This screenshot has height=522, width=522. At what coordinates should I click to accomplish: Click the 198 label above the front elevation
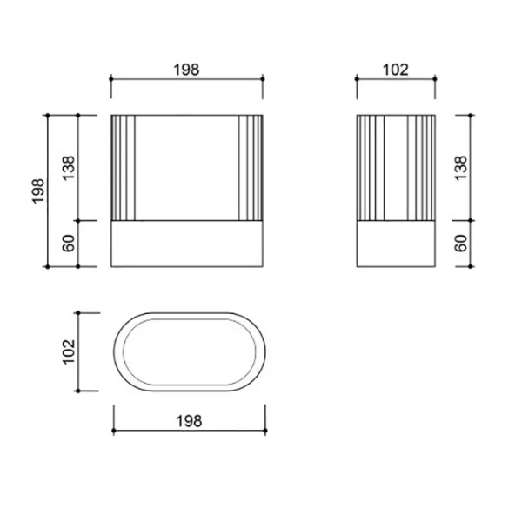pyautogui.click(x=186, y=70)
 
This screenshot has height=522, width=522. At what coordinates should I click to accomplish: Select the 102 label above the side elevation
pyautogui.click(x=396, y=70)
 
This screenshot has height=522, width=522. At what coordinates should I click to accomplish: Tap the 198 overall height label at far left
pyautogui.click(x=38, y=191)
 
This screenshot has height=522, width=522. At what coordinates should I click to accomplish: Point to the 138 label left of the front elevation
pyautogui.click(x=69, y=168)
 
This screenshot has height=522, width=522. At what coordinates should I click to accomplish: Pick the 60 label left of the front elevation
pyautogui.click(x=69, y=244)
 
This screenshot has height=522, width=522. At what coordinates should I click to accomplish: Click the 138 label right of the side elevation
pyautogui.click(x=461, y=168)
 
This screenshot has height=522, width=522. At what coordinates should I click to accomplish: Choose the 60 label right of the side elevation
pyautogui.click(x=461, y=244)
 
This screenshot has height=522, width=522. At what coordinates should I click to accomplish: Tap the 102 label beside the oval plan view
pyautogui.click(x=69, y=351)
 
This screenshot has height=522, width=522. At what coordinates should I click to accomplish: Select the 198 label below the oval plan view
pyautogui.click(x=189, y=421)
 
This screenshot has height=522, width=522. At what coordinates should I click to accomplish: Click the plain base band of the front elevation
pyautogui.click(x=187, y=244)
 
